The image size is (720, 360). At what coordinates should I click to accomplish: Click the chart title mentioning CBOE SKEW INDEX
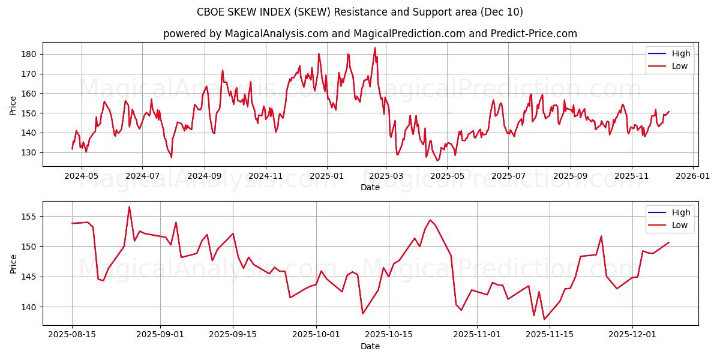[x=360, y=12]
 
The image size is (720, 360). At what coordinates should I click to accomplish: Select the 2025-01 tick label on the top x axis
[x=327, y=176]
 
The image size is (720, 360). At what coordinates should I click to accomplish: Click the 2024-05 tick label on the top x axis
[x=81, y=176]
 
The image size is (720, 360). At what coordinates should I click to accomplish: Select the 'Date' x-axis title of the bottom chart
[x=370, y=346]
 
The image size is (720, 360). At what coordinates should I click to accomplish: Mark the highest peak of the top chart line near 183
[x=375, y=48]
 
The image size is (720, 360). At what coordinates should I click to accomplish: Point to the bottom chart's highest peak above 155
[x=129, y=207]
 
